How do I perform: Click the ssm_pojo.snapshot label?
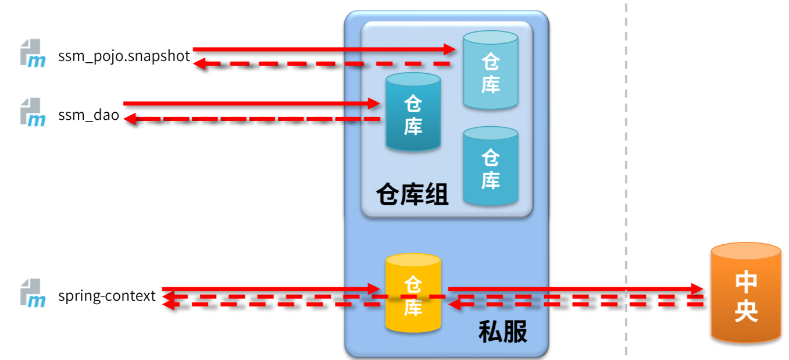tap(124, 56)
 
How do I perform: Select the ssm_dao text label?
tap(88, 115)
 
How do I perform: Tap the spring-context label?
tap(107, 296)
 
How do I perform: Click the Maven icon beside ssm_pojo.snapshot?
tap(33, 54)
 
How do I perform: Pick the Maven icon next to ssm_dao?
tap(33, 112)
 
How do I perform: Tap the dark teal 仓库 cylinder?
tap(413, 113)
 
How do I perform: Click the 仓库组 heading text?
tap(412, 194)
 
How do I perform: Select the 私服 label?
tap(502, 332)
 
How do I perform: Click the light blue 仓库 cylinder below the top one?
tap(490, 166)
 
